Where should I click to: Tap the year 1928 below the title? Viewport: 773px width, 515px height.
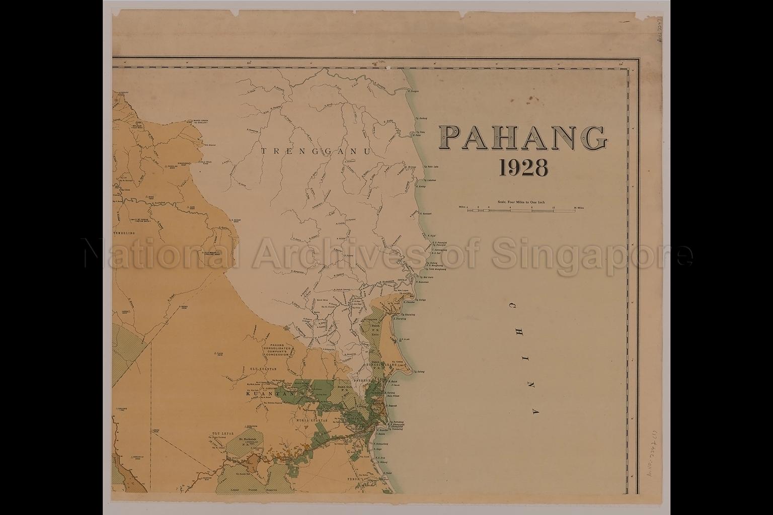click(523, 168)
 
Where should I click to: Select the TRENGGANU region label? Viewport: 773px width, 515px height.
click(316, 150)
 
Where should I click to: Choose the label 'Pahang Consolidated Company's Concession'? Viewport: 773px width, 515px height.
click(277, 349)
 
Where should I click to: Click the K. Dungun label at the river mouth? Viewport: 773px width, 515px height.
click(414, 91)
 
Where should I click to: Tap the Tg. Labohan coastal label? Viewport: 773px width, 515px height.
click(430, 180)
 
